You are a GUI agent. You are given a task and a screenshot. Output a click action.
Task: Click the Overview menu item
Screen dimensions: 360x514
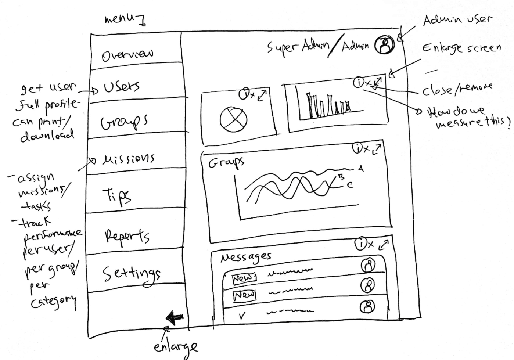click(127, 55)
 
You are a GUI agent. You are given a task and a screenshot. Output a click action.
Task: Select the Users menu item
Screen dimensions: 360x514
click(122, 87)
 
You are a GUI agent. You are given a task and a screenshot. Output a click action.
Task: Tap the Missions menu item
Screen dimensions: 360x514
click(128, 159)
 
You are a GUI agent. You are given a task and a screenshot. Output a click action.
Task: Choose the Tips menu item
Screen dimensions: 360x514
click(116, 196)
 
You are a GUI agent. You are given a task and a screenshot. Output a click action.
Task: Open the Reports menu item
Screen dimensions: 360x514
click(127, 236)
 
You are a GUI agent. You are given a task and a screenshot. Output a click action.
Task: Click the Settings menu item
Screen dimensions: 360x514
click(131, 274)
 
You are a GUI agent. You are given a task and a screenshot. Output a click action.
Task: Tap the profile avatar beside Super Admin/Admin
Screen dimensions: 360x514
click(384, 45)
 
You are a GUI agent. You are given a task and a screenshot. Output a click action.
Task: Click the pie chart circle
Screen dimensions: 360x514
click(233, 119)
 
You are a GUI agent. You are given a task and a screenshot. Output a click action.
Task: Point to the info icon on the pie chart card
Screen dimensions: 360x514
click(244, 94)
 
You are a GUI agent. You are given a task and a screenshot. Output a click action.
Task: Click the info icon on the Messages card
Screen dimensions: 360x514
click(361, 244)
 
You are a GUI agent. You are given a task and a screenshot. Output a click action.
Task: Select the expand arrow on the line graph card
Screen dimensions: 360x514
click(377, 149)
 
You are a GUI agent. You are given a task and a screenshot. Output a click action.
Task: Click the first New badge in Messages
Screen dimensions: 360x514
click(244, 278)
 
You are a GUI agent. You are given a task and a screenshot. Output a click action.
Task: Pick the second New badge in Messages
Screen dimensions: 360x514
click(244, 295)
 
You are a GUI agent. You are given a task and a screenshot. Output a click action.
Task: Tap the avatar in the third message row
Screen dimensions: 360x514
click(368, 306)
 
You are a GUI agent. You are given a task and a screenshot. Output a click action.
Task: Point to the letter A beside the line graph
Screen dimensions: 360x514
click(361, 169)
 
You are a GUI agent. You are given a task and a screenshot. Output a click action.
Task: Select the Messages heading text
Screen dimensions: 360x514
click(245, 257)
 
